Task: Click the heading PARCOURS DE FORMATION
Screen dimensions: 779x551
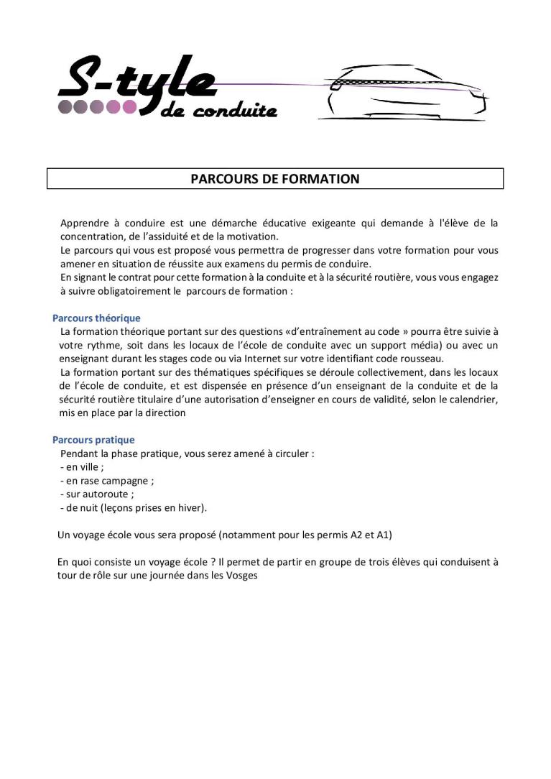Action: point(275,179)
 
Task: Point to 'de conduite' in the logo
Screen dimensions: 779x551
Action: point(219,111)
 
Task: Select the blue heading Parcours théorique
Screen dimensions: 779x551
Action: point(96,318)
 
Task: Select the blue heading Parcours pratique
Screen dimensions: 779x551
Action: point(93,440)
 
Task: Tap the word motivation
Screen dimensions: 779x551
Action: point(251,236)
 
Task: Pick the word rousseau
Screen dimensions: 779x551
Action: point(422,359)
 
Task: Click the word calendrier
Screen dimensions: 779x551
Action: point(472,400)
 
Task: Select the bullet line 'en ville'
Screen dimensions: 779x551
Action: point(82,467)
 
